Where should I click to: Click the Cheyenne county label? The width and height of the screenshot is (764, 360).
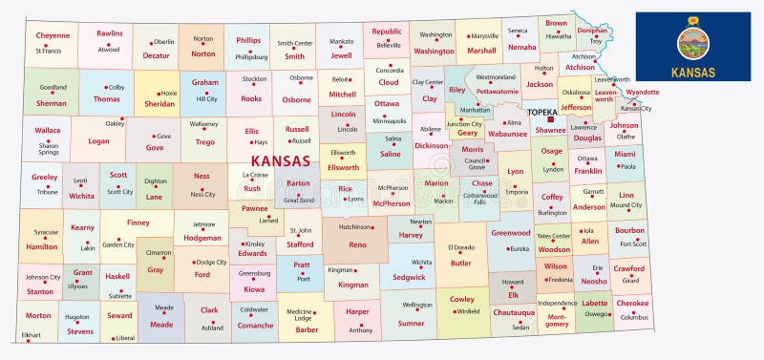point(46,34)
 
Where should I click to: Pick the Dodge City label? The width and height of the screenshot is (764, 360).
point(211,262)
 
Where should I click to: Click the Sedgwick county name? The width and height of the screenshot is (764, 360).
point(409,277)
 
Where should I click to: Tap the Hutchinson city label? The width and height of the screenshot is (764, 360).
point(355,227)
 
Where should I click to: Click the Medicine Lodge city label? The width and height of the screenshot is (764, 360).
point(301,316)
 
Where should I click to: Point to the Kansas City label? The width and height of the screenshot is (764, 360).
point(636,109)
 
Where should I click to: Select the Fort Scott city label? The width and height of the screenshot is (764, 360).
point(633,244)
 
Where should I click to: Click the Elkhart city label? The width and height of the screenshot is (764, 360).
point(32,335)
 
